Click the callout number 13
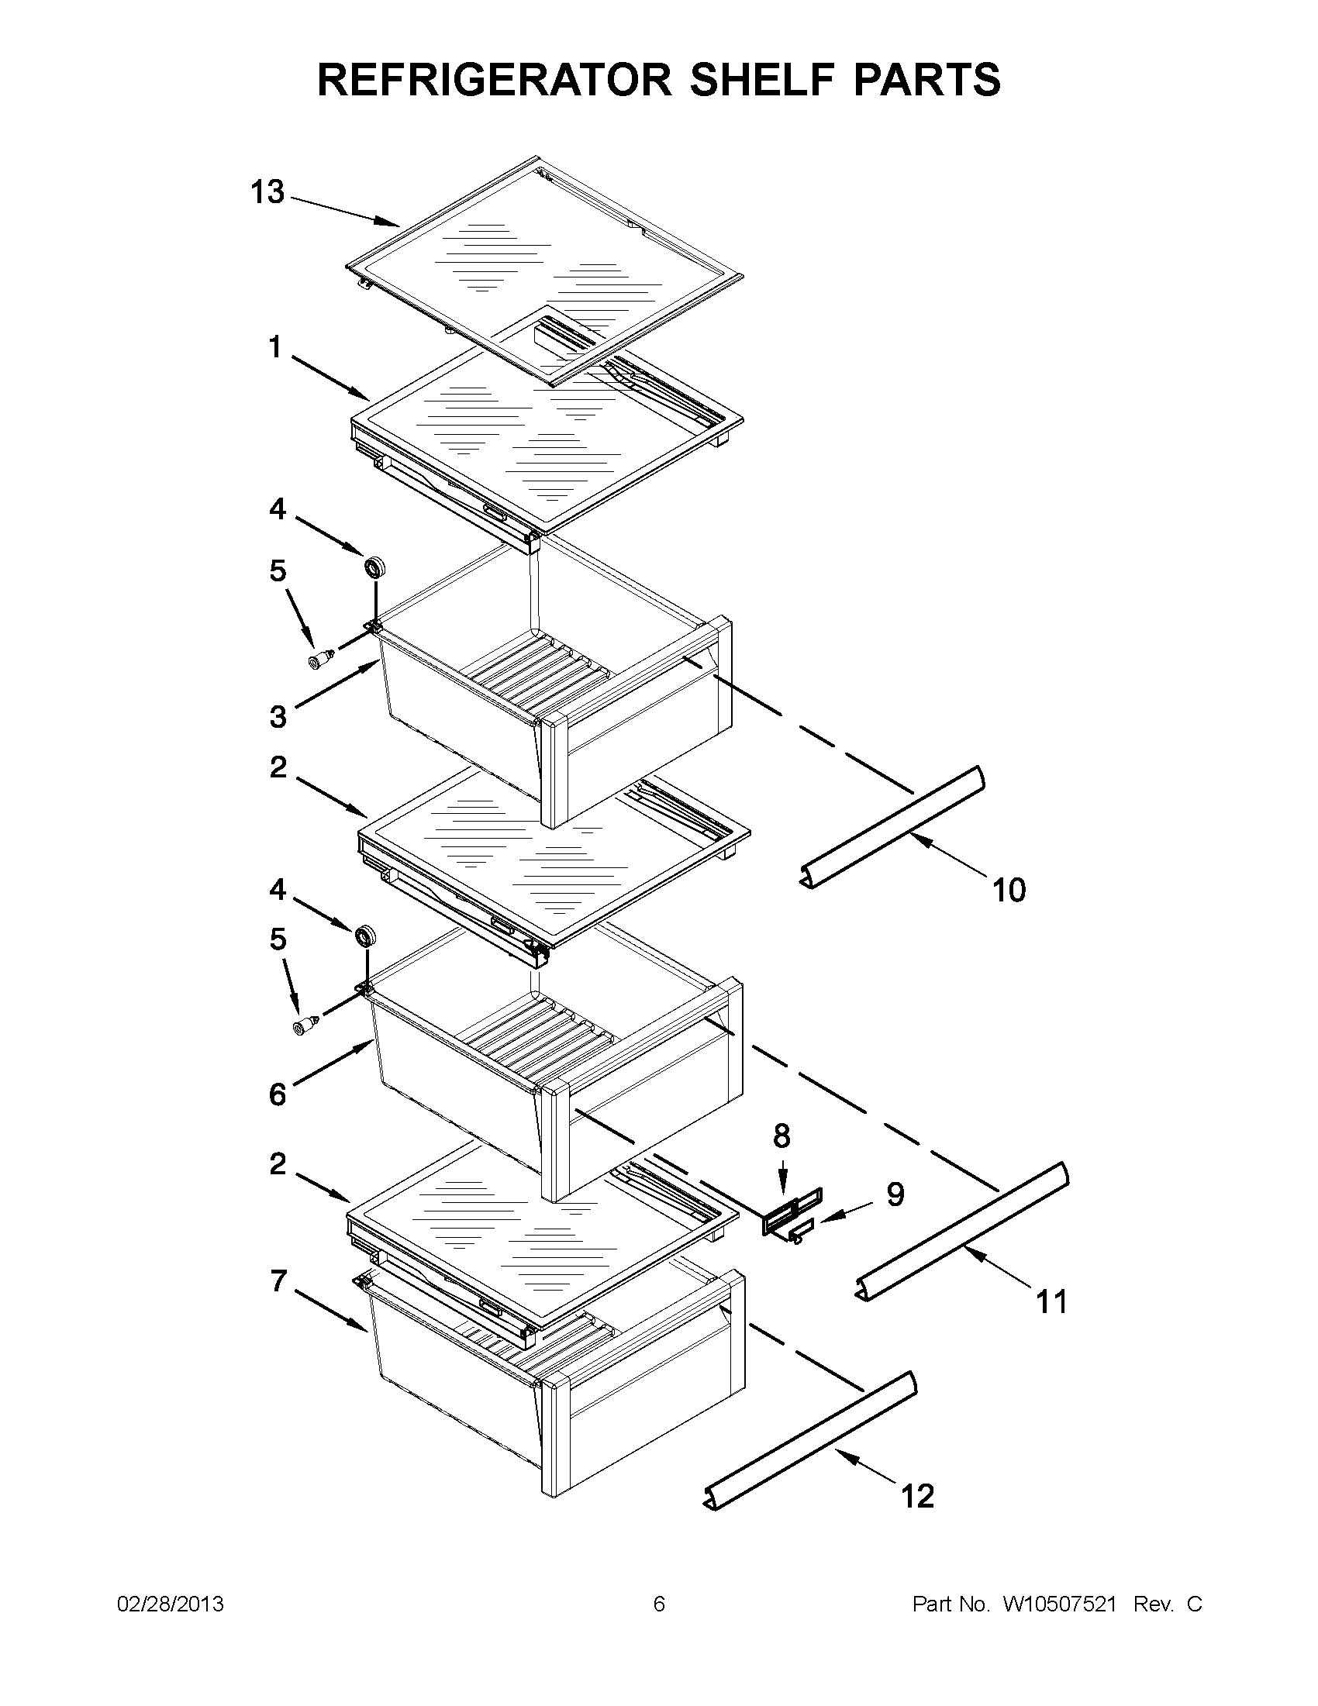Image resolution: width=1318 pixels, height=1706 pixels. [267, 192]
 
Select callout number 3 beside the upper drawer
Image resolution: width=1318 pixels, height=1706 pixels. [278, 716]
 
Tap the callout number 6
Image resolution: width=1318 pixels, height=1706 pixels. [278, 1094]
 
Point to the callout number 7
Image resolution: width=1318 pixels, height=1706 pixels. [278, 1281]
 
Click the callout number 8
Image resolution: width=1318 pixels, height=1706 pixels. [782, 1136]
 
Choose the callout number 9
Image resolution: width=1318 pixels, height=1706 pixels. [895, 1194]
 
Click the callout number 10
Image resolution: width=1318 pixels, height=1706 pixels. [1009, 890]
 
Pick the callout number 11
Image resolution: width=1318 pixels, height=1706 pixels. [1051, 1302]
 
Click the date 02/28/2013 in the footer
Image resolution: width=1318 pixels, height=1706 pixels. [171, 1604]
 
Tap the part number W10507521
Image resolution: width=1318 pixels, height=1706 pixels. [1059, 1604]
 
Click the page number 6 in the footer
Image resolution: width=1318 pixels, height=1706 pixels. [658, 1604]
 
